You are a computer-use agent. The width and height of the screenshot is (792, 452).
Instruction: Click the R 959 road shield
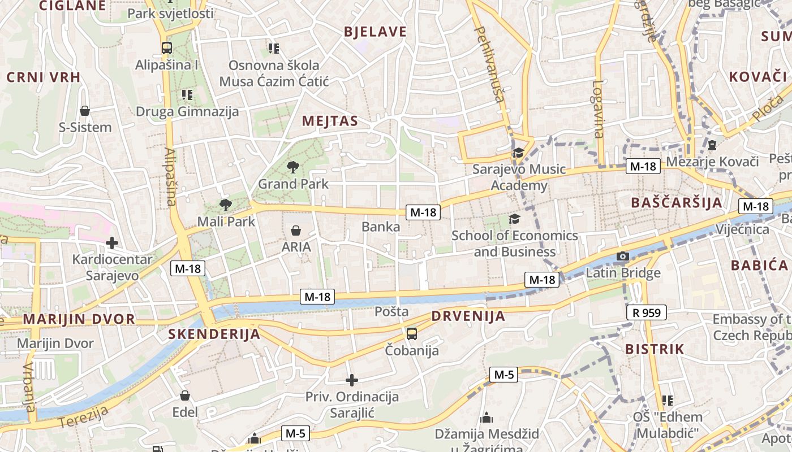647,312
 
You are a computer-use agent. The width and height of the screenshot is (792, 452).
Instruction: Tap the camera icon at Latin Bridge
622,257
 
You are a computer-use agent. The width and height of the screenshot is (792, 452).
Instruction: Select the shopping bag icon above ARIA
295,231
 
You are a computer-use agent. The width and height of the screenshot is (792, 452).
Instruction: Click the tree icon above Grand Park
292,167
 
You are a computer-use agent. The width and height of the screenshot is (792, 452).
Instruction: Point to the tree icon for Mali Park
226,205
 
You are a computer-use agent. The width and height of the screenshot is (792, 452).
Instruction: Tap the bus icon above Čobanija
412,334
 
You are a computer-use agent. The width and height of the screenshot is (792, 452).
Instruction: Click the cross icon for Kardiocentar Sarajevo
112,243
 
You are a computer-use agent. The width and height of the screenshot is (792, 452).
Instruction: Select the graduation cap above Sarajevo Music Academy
518,153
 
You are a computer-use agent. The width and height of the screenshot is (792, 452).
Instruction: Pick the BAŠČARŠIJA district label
676,203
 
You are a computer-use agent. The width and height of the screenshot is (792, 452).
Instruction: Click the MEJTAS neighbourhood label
330,121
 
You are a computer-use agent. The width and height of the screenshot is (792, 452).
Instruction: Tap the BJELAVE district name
375,32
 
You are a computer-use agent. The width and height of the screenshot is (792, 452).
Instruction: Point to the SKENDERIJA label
214,334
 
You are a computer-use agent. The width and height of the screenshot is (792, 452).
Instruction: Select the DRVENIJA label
468,316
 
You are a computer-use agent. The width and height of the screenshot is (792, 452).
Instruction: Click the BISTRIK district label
655,349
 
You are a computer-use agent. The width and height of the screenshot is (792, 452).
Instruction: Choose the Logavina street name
598,109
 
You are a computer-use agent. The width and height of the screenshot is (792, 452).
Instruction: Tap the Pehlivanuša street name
490,63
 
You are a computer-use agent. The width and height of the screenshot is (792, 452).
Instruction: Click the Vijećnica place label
742,229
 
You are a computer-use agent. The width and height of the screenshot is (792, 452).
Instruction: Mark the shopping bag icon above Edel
185,395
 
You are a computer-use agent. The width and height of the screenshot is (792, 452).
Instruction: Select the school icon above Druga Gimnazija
187,95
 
